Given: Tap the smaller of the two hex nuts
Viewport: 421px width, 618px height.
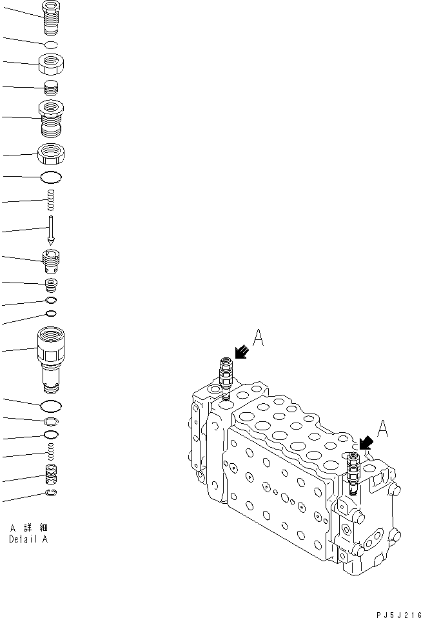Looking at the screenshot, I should [x=52, y=65].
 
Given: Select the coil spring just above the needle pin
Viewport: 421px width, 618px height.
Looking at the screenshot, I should [x=51, y=200].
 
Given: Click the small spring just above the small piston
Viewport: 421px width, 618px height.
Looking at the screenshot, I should [x=51, y=454].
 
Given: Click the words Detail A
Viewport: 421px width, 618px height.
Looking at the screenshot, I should [x=28, y=539].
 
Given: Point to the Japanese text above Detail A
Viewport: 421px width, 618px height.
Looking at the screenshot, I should [x=28, y=528].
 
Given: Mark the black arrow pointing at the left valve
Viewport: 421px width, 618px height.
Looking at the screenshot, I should [x=241, y=352].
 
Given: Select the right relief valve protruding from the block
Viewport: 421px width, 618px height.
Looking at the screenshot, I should [x=351, y=472].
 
